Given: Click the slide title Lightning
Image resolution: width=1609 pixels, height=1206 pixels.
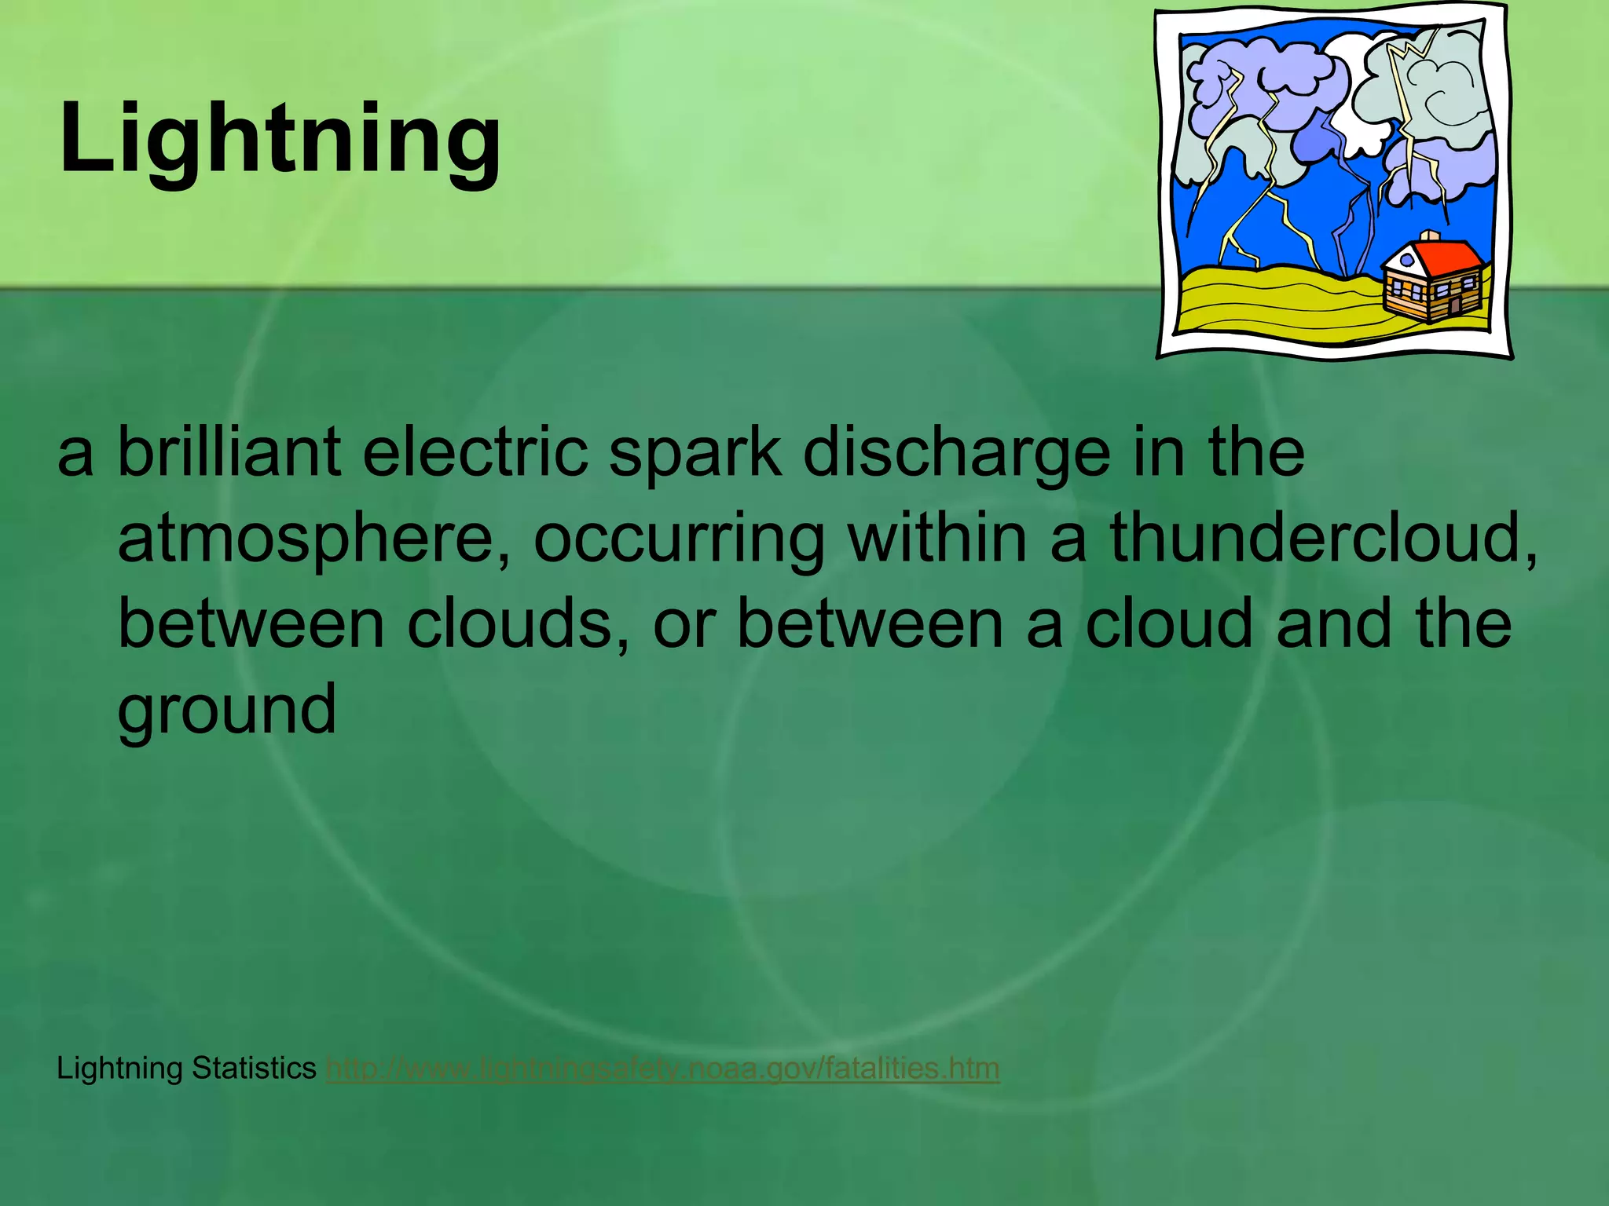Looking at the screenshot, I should (x=280, y=140).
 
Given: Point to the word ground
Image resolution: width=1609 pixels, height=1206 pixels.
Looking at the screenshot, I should (x=227, y=711).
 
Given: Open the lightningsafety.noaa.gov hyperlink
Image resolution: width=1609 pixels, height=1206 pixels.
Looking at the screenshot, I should (x=662, y=1069).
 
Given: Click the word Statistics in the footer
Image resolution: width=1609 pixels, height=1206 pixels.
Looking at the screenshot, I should (x=254, y=1069).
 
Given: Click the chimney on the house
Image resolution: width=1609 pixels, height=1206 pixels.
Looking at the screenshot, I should (x=1430, y=236).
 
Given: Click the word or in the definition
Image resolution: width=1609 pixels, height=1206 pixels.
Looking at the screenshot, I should (x=684, y=626).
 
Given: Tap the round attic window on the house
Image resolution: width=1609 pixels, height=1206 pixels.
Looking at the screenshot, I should (x=1406, y=260).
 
